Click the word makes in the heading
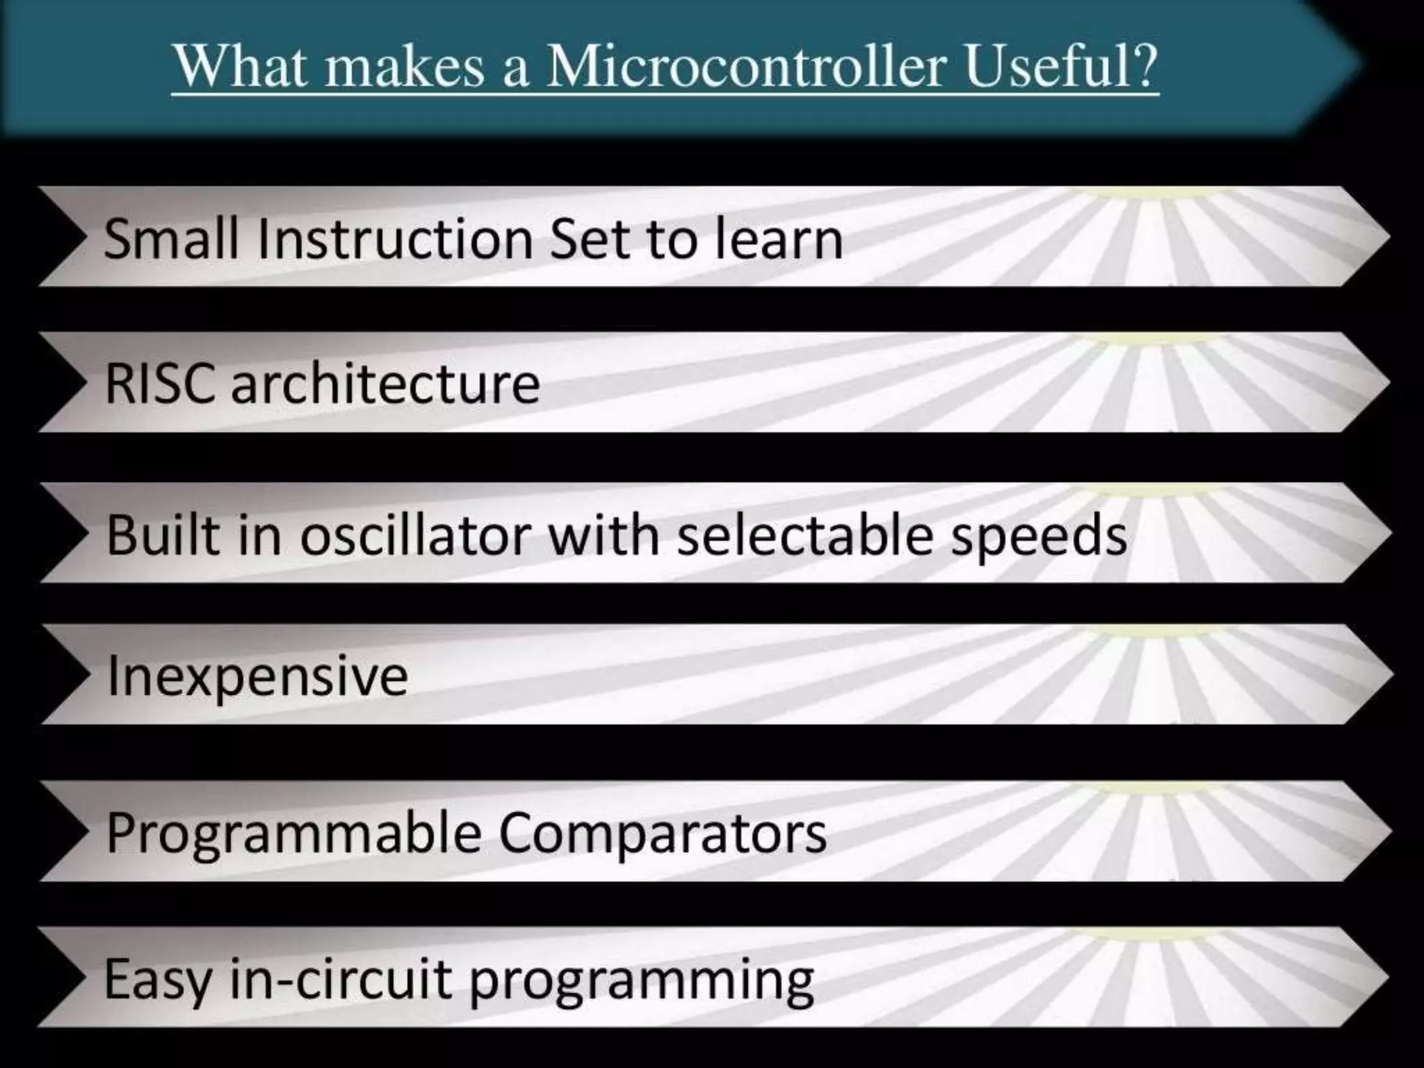point(405,67)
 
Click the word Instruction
point(395,238)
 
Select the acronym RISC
point(159,384)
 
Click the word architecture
point(385,384)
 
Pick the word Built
point(163,535)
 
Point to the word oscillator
point(416,535)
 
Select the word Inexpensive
point(257,677)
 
